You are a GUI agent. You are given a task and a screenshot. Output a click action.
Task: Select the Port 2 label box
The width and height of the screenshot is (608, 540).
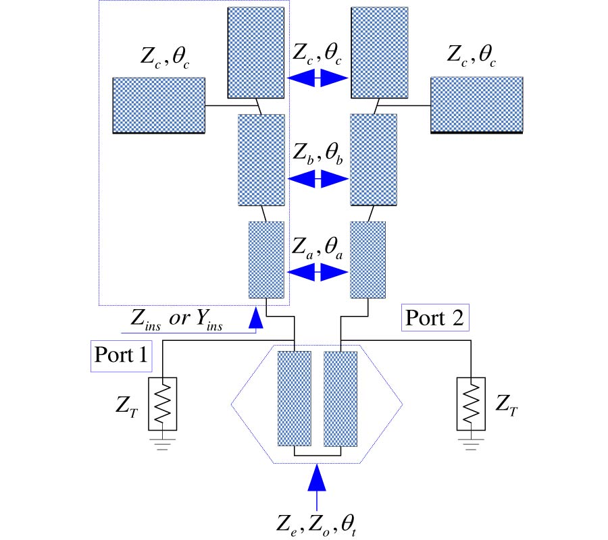click(434, 317)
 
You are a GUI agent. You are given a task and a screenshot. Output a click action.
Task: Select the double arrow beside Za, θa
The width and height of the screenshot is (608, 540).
click(318, 272)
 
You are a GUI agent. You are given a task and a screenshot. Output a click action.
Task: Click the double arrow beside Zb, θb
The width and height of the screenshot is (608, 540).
click(318, 179)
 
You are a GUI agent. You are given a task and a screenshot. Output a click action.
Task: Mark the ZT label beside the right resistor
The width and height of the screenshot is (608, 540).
click(508, 405)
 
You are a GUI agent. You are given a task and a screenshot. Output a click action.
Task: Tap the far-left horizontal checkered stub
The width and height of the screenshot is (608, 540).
click(158, 105)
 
